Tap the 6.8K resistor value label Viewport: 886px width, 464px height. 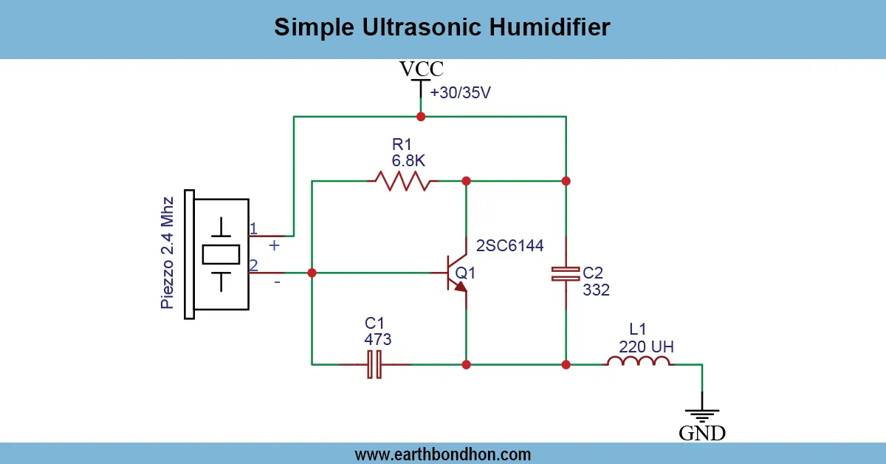coord(409,160)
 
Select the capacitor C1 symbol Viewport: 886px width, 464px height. coord(374,364)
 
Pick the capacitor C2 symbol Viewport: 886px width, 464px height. coord(566,273)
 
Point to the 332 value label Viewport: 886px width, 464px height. coord(596,290)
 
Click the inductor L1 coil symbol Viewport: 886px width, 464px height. coord(639,362)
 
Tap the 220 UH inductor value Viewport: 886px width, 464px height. coord(646,346)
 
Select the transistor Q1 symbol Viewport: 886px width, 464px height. coord(456,273)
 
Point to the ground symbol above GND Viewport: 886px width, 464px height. coord(702,416)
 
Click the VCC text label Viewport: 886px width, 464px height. coord(422,69)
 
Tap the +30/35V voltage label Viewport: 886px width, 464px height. coord(460,94)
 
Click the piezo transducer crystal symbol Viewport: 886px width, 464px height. coord(221,254)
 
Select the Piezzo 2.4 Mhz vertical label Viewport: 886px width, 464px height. coord(168,253)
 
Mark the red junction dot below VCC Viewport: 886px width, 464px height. coord(421,117)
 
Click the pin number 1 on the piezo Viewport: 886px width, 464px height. coord(253,228)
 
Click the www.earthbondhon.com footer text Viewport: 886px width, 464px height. coord(443,454)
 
